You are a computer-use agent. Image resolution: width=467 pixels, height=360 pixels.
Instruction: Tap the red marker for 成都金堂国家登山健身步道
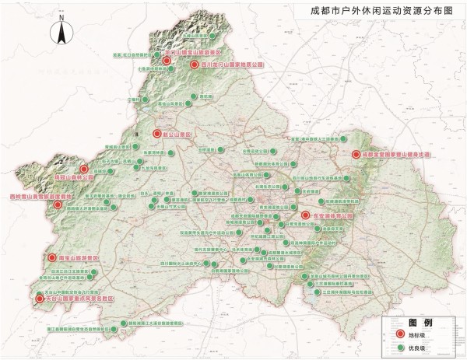(356, 155)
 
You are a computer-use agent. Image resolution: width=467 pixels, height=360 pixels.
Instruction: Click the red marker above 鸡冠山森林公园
(83, 167)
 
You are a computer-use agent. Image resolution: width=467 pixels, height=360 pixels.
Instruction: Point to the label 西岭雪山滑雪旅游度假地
(40, 197)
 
